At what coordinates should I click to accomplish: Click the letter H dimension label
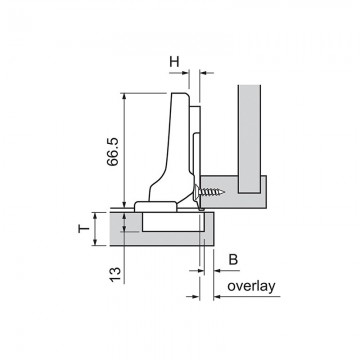click(x=174, y=62)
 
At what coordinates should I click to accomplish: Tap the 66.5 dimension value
click(x=113, y=152)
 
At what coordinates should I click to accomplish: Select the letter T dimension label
click(x=84, y=229)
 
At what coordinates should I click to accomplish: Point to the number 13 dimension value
click(x=115, y=274)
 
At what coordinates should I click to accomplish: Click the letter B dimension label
click(x=233, y=259)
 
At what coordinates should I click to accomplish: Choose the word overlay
click(x=252, y=286)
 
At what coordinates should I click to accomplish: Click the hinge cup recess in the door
click(x=173, y=221)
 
